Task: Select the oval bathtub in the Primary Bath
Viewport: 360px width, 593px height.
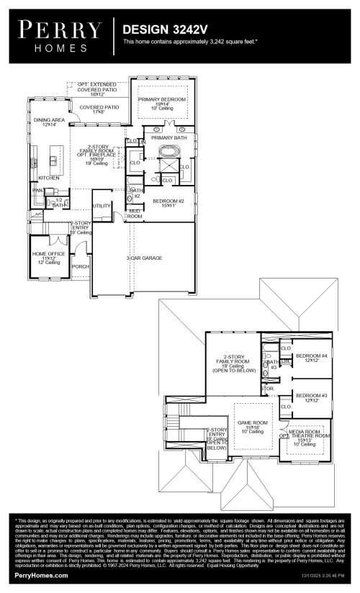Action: (168, 153)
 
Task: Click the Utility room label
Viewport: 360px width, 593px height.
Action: (102, 206)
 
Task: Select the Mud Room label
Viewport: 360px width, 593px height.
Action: (135, 213)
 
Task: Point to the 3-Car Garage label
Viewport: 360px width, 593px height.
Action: (144, 257)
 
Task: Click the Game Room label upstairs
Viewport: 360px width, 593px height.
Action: (250, 425)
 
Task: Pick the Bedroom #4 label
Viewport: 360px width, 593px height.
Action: (311, 358)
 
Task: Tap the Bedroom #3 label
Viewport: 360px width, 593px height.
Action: (311, 397)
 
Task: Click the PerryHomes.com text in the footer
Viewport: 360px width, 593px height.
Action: (42, 576)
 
